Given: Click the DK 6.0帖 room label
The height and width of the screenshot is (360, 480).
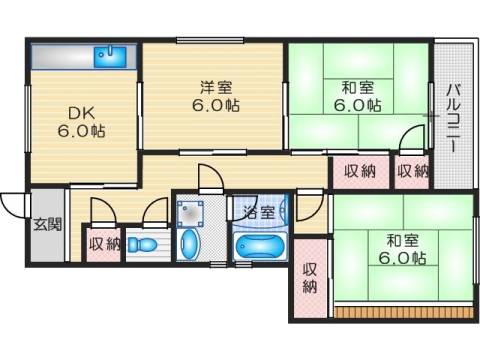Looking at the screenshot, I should coord(80,121).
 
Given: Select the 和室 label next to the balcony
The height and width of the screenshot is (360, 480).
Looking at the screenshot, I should coord(356,94).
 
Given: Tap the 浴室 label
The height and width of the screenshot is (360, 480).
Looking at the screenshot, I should coord(258,212).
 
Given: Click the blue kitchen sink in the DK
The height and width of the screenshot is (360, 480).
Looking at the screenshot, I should coord(107,56).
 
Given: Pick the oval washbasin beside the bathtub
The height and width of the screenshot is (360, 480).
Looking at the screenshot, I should coord(190,243).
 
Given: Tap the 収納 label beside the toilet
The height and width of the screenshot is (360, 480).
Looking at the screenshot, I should coord(104,243).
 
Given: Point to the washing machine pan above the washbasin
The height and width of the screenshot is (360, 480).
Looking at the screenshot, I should coord(190,212).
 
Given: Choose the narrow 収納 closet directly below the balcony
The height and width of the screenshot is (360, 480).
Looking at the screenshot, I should coord(411,171).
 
